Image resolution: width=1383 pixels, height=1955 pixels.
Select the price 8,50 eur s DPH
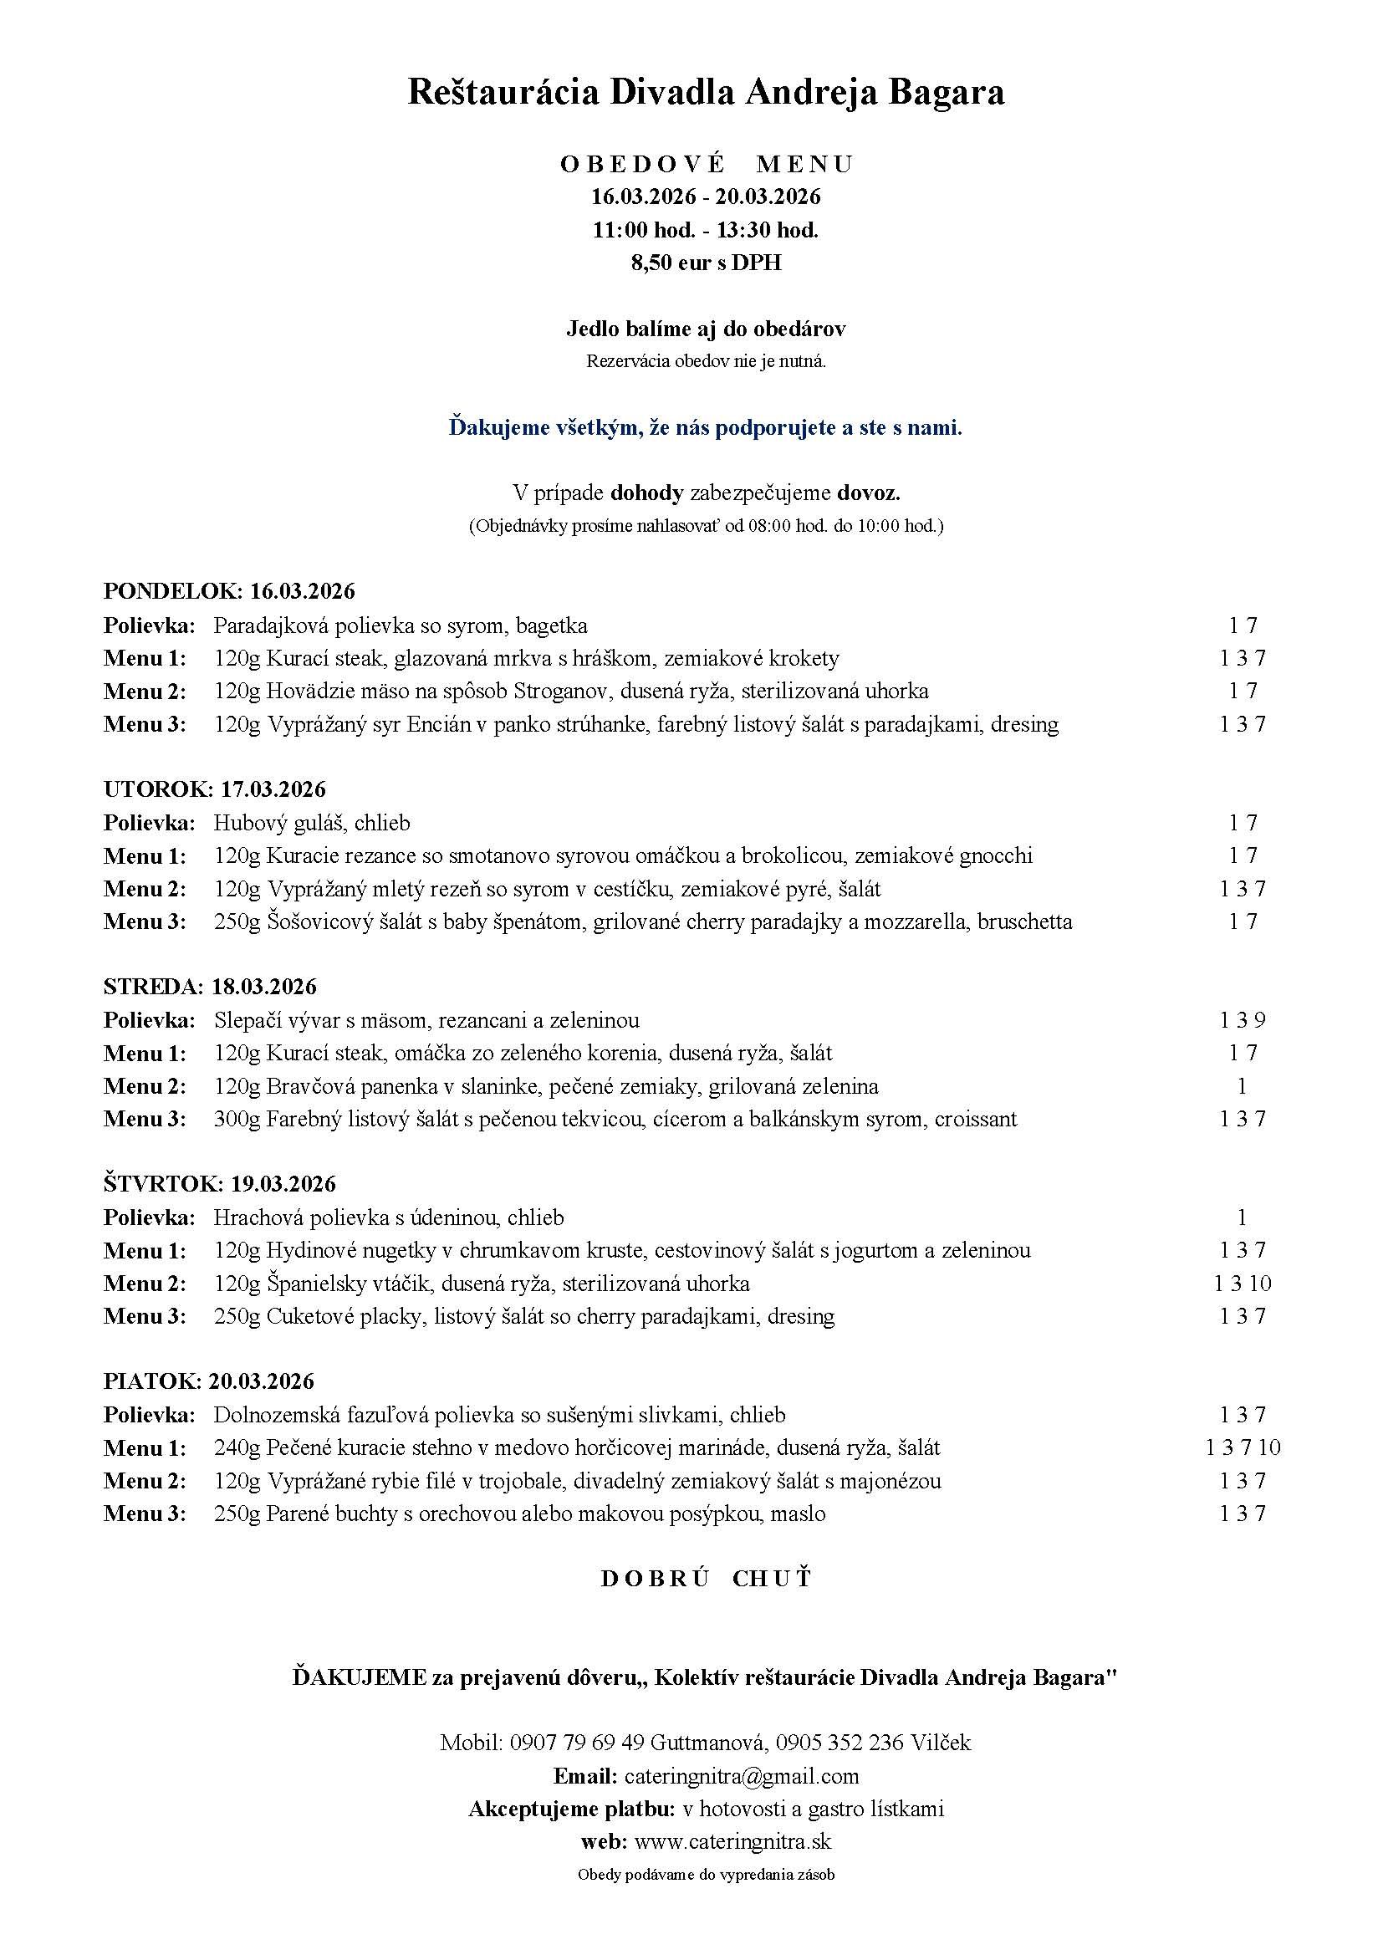pyautogui.click(x=705, y=263)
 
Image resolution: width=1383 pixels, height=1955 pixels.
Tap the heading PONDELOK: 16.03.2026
pyautogui.click(x=229, y=591)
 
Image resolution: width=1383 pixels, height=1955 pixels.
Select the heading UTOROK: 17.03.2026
pyautogui.click(x=215, y=789)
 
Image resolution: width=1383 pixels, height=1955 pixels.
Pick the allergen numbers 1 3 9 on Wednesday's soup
pyautogui.click(x=1243, y=1020)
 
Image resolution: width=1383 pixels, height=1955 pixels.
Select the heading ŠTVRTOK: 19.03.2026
pyautogui.click(x=220, y=1184)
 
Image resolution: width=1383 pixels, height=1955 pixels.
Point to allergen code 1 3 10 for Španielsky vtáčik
pyautogui.click(x=1243, y=1284)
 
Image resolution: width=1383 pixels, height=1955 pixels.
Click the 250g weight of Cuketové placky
pyautogui.click(x=236, y=1316)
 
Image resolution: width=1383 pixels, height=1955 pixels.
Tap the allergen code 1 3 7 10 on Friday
pyautogui.click(x=1243, y=1447)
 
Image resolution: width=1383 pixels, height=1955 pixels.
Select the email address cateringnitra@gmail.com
pyautogui.click(x=741, y=1776)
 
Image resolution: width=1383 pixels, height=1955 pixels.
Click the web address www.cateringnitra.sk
pyautogui.click(x=732, y=1841)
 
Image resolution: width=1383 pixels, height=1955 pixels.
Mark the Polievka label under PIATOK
pyautogui.click(x=149, y=1415)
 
